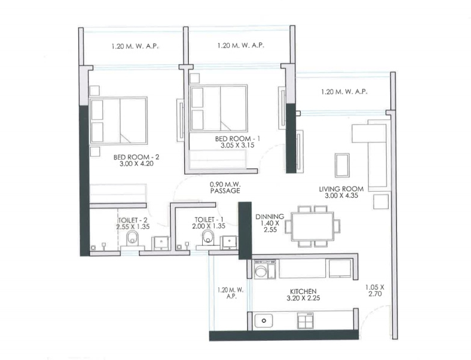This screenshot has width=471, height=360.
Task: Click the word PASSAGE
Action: [226, 191]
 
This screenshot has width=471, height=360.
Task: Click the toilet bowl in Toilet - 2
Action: [133, 239]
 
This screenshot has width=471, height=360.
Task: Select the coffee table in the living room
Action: [342, 164]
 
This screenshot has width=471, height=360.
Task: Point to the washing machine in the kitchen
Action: [261, 270]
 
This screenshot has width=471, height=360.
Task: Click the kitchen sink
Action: [264, 322]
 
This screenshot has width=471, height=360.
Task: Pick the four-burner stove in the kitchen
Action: [306, 322]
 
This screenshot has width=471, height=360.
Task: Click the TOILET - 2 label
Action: [132, 220]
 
